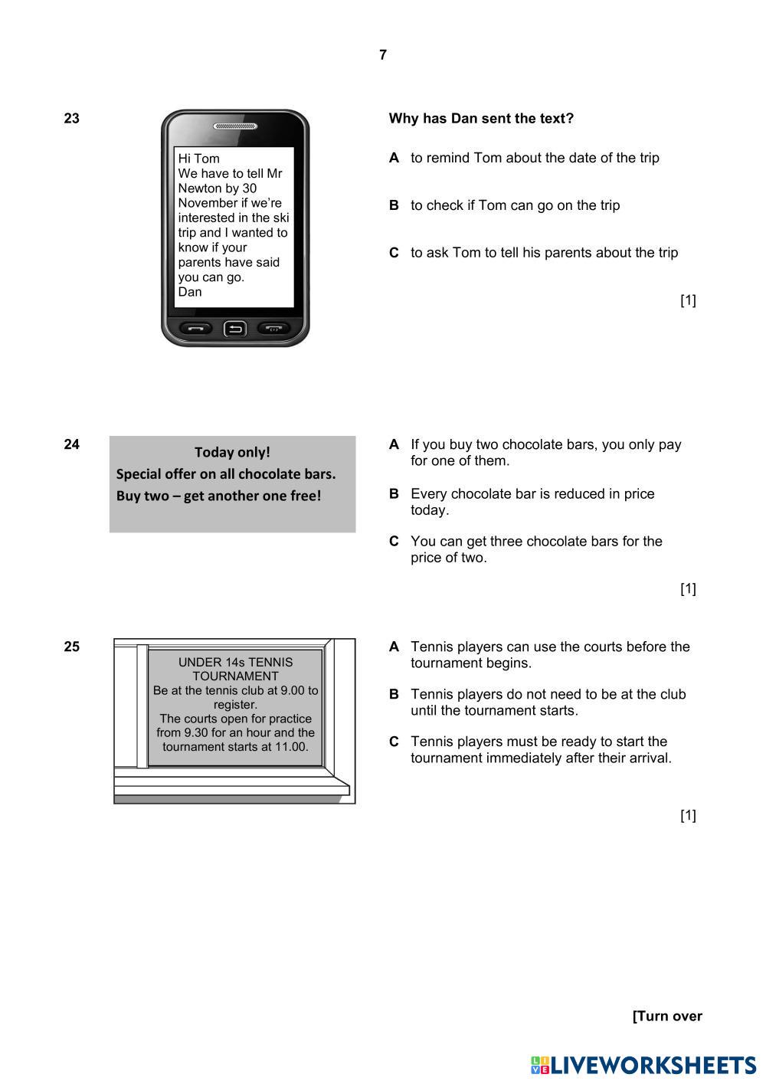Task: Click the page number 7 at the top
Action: [x=383, y=55]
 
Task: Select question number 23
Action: [x=72, y=119]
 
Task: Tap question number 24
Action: [x=72, y=444]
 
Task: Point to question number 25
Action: [x=72, y=647]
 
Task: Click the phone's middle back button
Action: [x=234, y=329]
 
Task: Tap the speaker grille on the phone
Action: [x=234, y=126]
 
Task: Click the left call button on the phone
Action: [x=196, y=329]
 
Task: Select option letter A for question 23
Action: [x=394, y=158]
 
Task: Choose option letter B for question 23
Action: [x=394, y=205]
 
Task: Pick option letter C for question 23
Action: [x=394, y=253]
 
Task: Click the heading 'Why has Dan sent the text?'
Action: [x=481, y=119]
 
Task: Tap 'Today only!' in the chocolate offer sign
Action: [x=232, y=452]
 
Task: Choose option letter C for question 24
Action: [x=394, y=542]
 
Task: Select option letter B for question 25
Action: [x=394, y=695]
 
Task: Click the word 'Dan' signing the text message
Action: [x=190, y=292]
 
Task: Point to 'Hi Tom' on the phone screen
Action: [x=198, y=159]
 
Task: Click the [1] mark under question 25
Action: [x=688, y=815]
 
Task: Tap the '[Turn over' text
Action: [x=667, y=1017]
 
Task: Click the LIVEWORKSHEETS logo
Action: [x=643, y=1065]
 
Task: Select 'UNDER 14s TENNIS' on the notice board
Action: [x=235, y=662]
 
